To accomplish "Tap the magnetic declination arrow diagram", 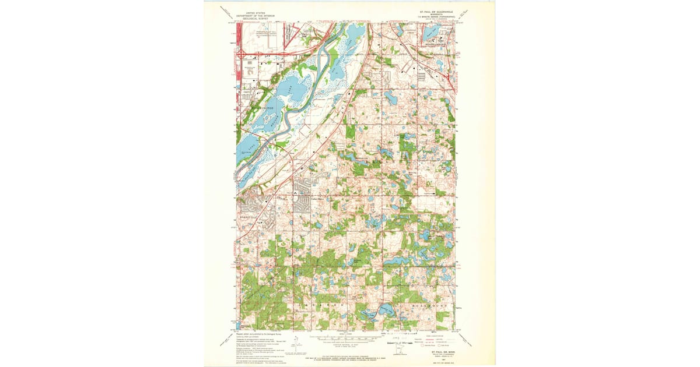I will (x=296, y=342).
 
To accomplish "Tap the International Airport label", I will (x=261, y=33).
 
